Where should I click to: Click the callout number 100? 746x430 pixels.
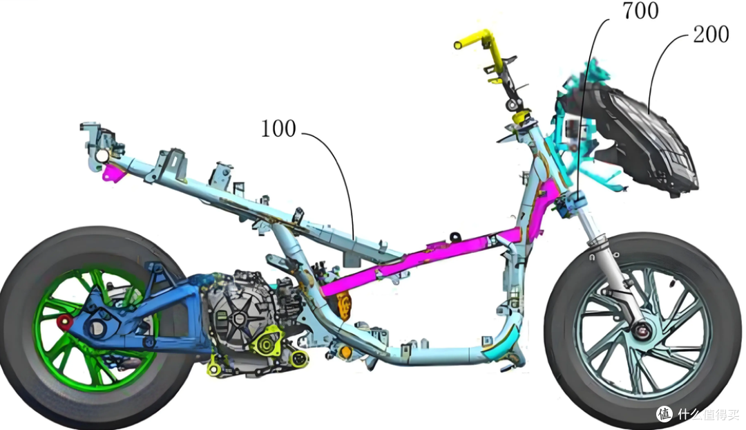[x=278, y=129]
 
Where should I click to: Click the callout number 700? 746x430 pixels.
[x=640, y=10]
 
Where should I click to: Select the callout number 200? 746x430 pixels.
[x=711, y=35]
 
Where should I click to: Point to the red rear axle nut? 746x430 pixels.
[x=64, y=322]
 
